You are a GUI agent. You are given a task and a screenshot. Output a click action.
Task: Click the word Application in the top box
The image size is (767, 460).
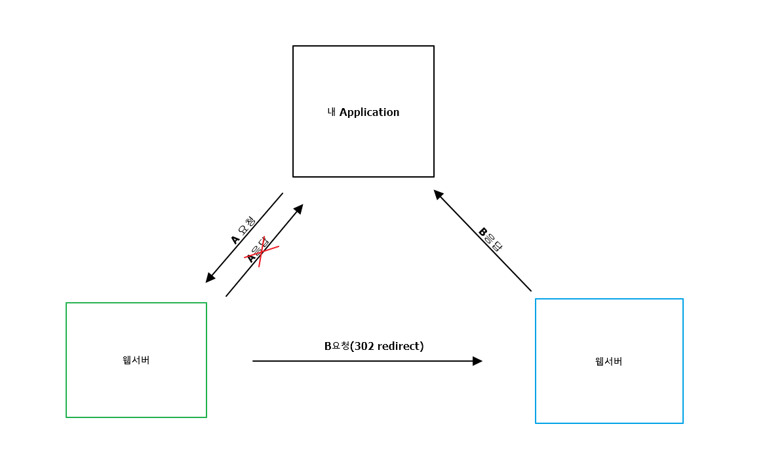click(x=369, y=112)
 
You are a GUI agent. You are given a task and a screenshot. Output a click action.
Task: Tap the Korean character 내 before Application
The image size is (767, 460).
click(x=332, y=112)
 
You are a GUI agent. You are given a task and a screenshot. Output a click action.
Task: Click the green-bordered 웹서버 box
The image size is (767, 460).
click(x=136, y=393)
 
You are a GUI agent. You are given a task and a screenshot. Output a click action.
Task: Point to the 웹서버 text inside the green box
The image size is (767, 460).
click(x=136, y=360)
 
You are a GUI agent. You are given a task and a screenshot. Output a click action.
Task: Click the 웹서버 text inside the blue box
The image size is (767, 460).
click(x=608, y=361)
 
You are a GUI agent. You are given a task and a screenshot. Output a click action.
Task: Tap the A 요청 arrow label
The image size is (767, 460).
click(x=243, y=231)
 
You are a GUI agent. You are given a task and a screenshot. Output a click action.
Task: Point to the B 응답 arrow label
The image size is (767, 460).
click(x=490, y=239)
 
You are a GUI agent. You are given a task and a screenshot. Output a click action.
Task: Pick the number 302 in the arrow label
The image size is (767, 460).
click(x=364, y=346)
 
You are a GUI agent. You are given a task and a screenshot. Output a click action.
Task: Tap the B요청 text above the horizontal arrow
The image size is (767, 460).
click(x=337, y=346)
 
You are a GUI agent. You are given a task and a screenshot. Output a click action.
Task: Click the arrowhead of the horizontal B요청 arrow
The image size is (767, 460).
click(x=478, y=361)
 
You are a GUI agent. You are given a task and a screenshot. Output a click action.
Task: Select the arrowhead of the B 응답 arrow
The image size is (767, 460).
click(x=438, y=194)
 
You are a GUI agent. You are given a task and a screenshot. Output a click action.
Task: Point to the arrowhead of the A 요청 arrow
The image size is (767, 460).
click(x=210, y=278)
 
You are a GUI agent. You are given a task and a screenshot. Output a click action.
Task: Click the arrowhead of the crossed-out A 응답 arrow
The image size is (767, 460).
click(x=299, y=208)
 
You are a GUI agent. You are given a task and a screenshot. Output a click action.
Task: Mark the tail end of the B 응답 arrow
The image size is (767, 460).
click(x=530, y=290)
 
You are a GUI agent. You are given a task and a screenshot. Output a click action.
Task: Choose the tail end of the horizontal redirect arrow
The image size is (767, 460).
click(x=254, y=361)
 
